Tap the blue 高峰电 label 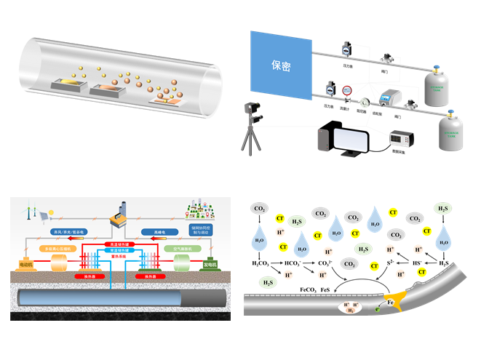162,232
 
